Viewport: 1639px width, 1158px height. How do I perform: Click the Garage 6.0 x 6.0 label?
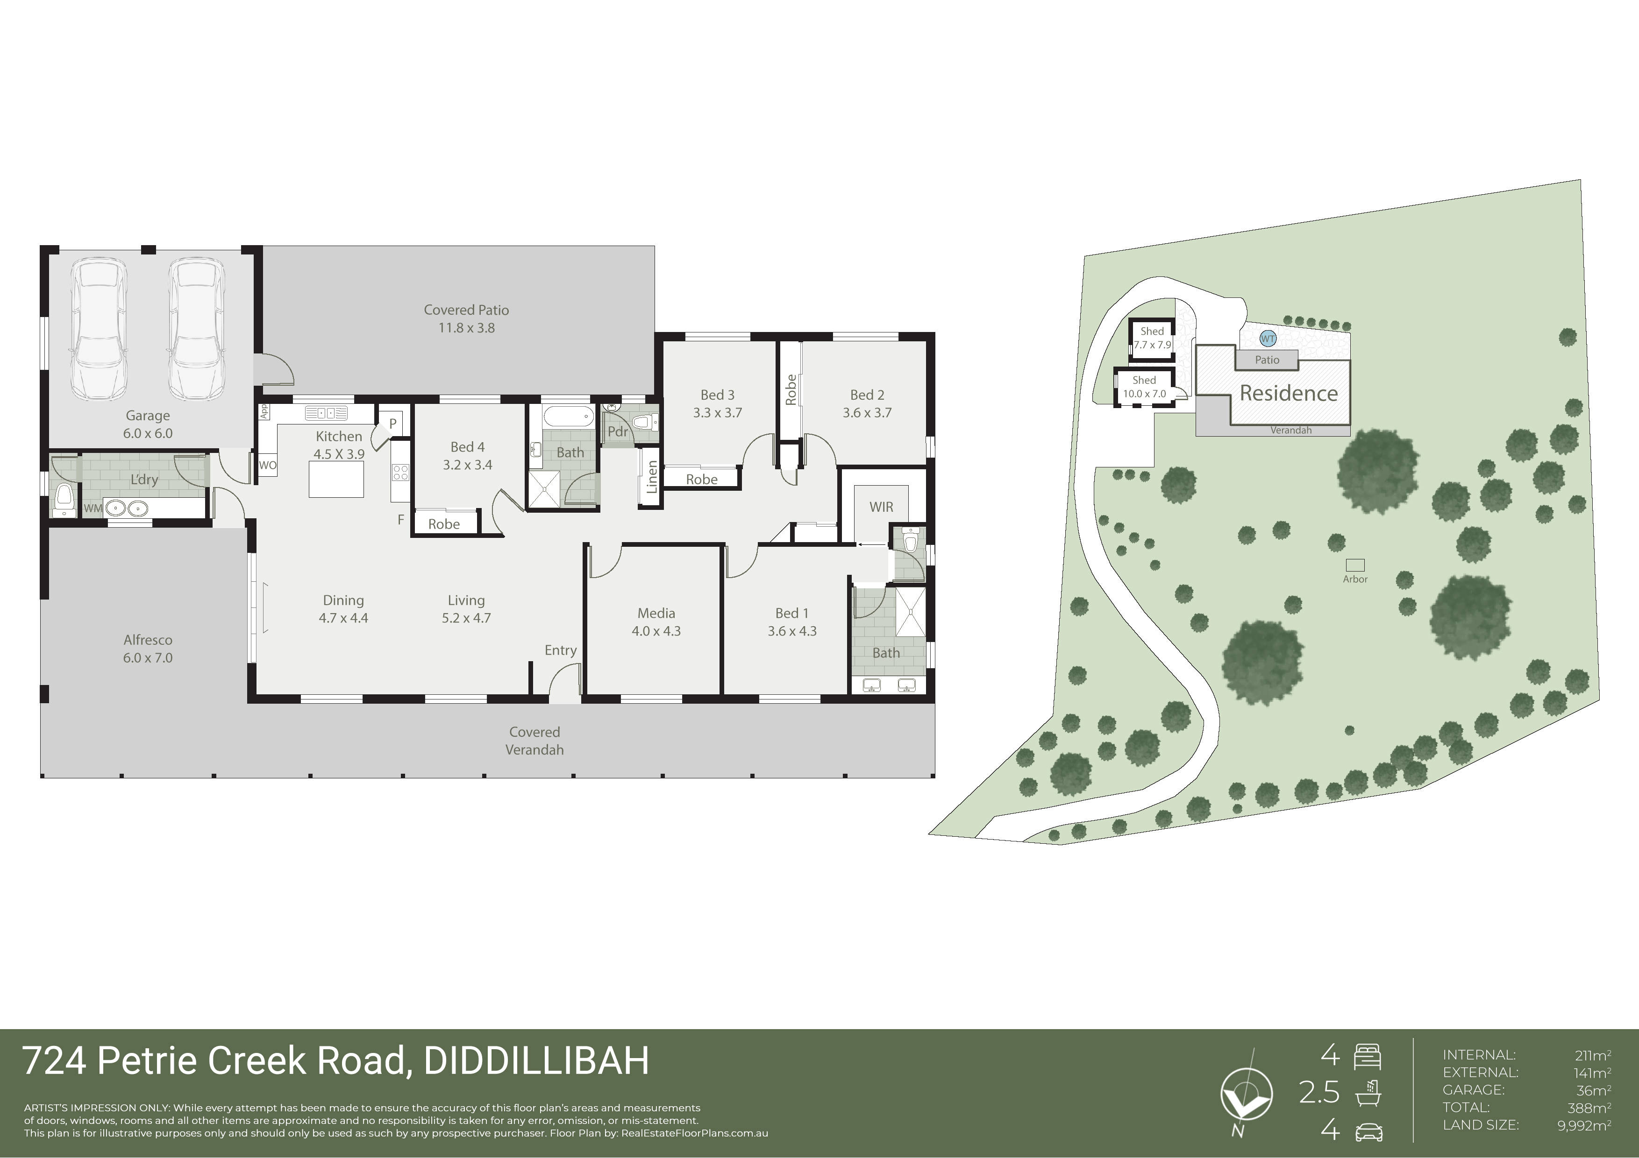[148, 424]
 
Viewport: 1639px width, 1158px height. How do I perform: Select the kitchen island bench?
[336, 479]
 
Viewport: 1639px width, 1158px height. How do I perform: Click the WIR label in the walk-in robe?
[881, 507]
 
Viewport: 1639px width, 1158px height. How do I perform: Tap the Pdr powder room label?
[618, 431]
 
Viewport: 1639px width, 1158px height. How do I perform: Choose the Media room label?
[656, 613]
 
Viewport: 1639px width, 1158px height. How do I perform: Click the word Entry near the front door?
[560, 650]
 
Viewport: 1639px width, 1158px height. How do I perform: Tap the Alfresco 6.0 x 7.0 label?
[148, 649]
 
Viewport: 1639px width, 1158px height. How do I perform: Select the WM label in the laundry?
[93, 508]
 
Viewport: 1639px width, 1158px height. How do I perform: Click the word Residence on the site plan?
[1289, 393]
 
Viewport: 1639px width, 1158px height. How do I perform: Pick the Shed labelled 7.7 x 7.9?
[1152, 338]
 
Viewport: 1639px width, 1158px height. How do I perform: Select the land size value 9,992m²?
[1584, 1125]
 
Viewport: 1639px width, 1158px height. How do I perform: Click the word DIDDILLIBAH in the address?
[537, 1060]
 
